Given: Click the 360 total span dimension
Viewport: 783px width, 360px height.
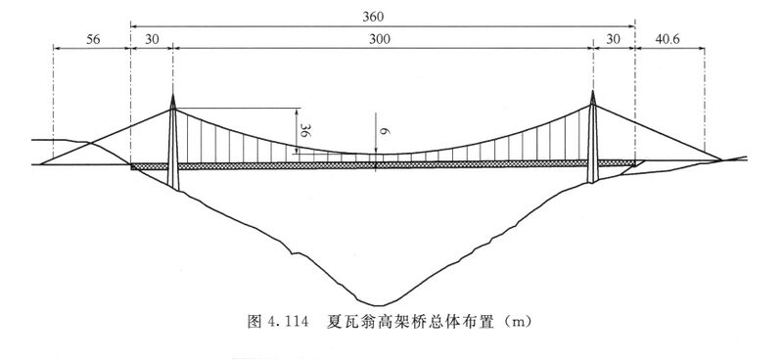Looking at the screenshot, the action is coord(374,17).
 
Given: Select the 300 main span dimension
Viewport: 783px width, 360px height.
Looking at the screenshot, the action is coord(380,40).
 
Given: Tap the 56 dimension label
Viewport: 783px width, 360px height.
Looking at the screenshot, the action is coord(93,40).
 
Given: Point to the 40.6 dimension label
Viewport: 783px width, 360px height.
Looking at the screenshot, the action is coord(668,40).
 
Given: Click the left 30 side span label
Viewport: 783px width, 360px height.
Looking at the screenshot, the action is coord(152,40).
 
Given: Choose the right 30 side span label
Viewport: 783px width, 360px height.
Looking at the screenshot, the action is coord(613,40).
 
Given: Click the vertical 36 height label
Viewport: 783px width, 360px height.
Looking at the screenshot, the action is coord(304,130).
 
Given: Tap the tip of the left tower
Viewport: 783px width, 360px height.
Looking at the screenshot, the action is coord(173,94).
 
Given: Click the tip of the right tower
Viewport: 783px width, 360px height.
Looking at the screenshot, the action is coord(593,91).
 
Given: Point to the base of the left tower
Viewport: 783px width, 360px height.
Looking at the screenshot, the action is coord(173,188).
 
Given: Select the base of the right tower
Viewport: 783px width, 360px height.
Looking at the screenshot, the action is coord(593,182).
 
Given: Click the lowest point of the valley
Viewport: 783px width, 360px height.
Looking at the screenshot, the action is coord(379,305).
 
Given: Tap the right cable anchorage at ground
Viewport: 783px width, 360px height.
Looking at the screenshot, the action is coord(721,159).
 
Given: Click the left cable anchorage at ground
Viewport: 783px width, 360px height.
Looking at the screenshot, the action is coord(41,163).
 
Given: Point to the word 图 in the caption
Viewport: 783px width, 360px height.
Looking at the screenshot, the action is coord(254,321).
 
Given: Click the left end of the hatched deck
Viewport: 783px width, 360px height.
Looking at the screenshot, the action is coord(131,167).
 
